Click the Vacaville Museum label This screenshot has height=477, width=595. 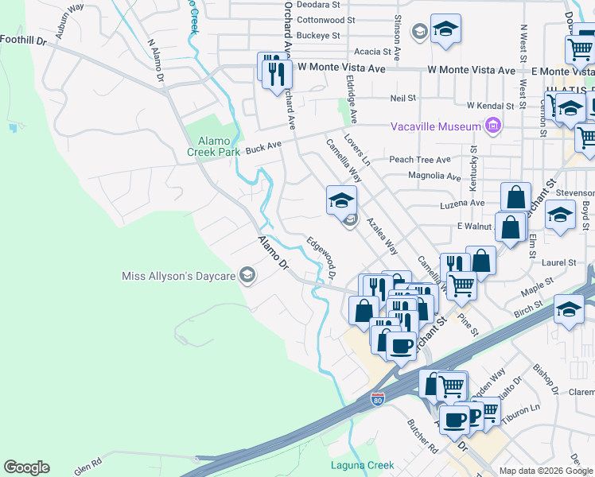click(x=436, y=127)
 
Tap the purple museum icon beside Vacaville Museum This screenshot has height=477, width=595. click(x=492, y=126)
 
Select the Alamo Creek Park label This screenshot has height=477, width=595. click(x=214, y=146)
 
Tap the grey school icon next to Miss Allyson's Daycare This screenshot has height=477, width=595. click(x=247, y=276)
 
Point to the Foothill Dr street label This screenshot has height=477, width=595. click(x=24, y=38)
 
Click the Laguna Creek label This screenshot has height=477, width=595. click(x=363, y=465)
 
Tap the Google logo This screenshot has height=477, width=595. click(x=26, y=467)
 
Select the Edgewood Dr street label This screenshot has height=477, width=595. click(x=321, y=258)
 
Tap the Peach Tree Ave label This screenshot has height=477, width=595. click(x=419, y=160)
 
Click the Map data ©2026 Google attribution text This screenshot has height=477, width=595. click(x=546, y=471)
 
